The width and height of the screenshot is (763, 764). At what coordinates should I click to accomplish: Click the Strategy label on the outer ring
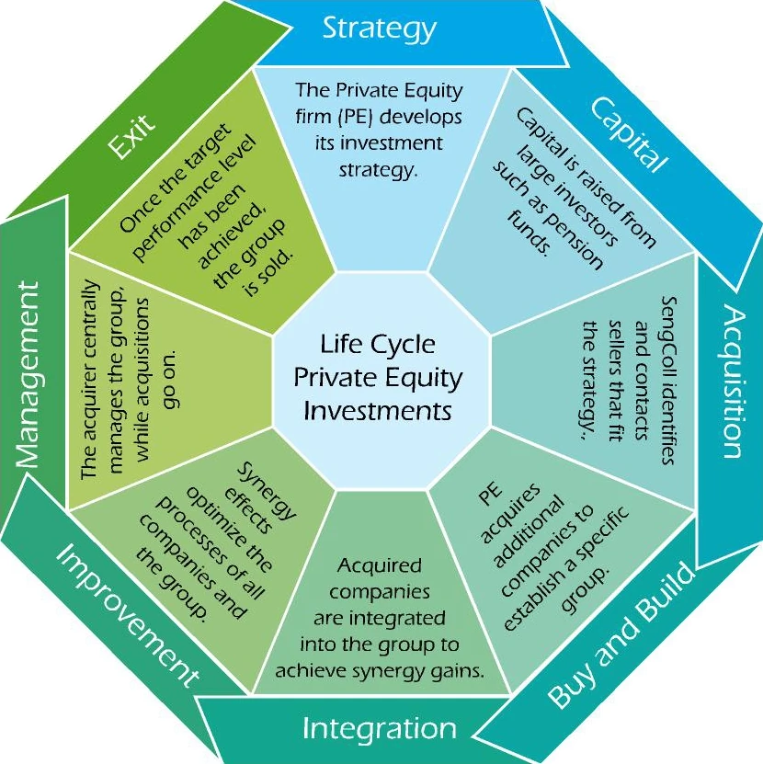click(379, 29)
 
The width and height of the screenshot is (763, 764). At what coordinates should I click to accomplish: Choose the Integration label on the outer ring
click(379, 729)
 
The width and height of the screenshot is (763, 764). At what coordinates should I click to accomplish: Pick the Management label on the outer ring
click(29, 376)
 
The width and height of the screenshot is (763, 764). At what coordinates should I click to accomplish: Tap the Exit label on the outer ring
click(131, 137)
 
